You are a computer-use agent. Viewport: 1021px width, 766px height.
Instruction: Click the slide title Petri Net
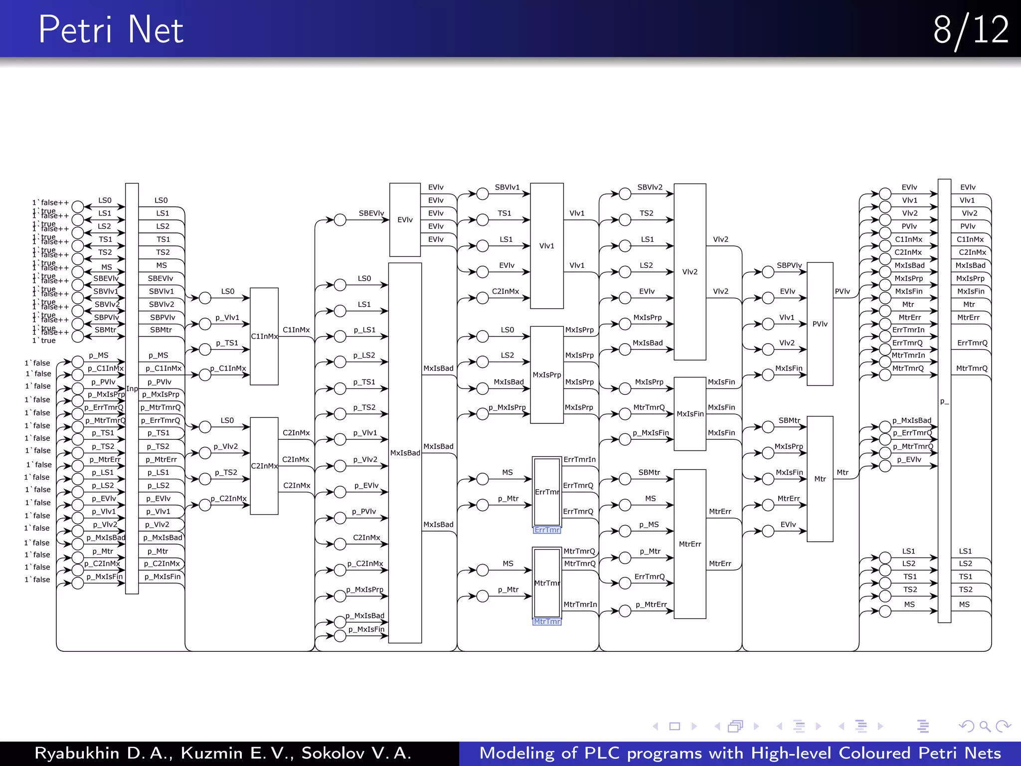click(x=111, y=30)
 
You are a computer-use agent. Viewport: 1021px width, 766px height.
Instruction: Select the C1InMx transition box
click(x=264, y=336)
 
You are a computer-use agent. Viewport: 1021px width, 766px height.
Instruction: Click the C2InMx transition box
click(x=264, y=466)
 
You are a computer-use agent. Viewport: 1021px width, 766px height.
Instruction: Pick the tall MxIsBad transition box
click(x=405, y=452)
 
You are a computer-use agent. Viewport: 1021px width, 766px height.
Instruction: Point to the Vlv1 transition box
click(x=546, y=246)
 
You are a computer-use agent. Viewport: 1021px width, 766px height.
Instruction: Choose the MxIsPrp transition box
click(x=546, y=375)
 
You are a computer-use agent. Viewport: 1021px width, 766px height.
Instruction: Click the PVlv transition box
click(x=820, y=324)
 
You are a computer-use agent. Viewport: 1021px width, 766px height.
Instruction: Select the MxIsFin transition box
click(x=689, y=414)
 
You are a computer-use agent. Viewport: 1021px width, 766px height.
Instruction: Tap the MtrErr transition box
click(x=689, y=544)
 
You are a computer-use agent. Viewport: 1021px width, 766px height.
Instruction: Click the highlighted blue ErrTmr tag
click(x=546, y=530)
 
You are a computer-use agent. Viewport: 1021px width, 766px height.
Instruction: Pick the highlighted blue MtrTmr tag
click(x=546, y=621)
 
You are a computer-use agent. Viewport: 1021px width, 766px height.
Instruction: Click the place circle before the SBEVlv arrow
click(x=340, y=220)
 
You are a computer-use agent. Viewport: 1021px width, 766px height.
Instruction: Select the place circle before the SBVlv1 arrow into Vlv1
click(x=482, y=194)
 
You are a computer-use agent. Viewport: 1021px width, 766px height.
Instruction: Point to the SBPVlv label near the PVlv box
click(x=789, y=265)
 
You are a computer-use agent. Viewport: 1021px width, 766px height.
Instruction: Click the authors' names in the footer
click(x=222, y=753)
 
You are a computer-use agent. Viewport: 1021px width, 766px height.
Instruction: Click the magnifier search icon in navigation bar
click(x=984, y=726)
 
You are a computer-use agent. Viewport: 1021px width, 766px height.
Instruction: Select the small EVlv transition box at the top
click(x=405, y=219)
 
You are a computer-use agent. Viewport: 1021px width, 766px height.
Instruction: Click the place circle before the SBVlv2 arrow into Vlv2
click(x=625, y=194)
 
